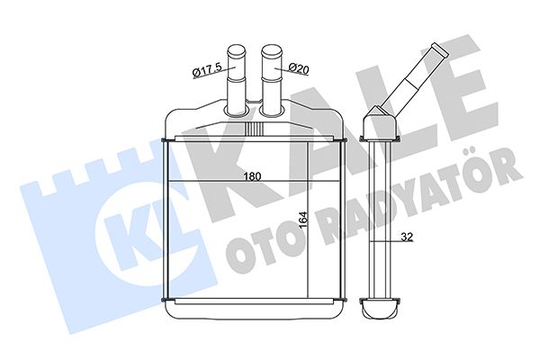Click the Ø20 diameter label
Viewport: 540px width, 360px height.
coord(298,68)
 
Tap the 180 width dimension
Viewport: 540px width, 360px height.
coord(252,176)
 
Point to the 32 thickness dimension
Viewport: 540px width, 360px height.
coord(407,237)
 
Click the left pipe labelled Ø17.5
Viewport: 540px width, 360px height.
coord(236,79)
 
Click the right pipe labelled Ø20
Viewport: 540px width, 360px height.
coord(272,79)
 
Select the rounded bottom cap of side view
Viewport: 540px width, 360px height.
coord(380,308)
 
